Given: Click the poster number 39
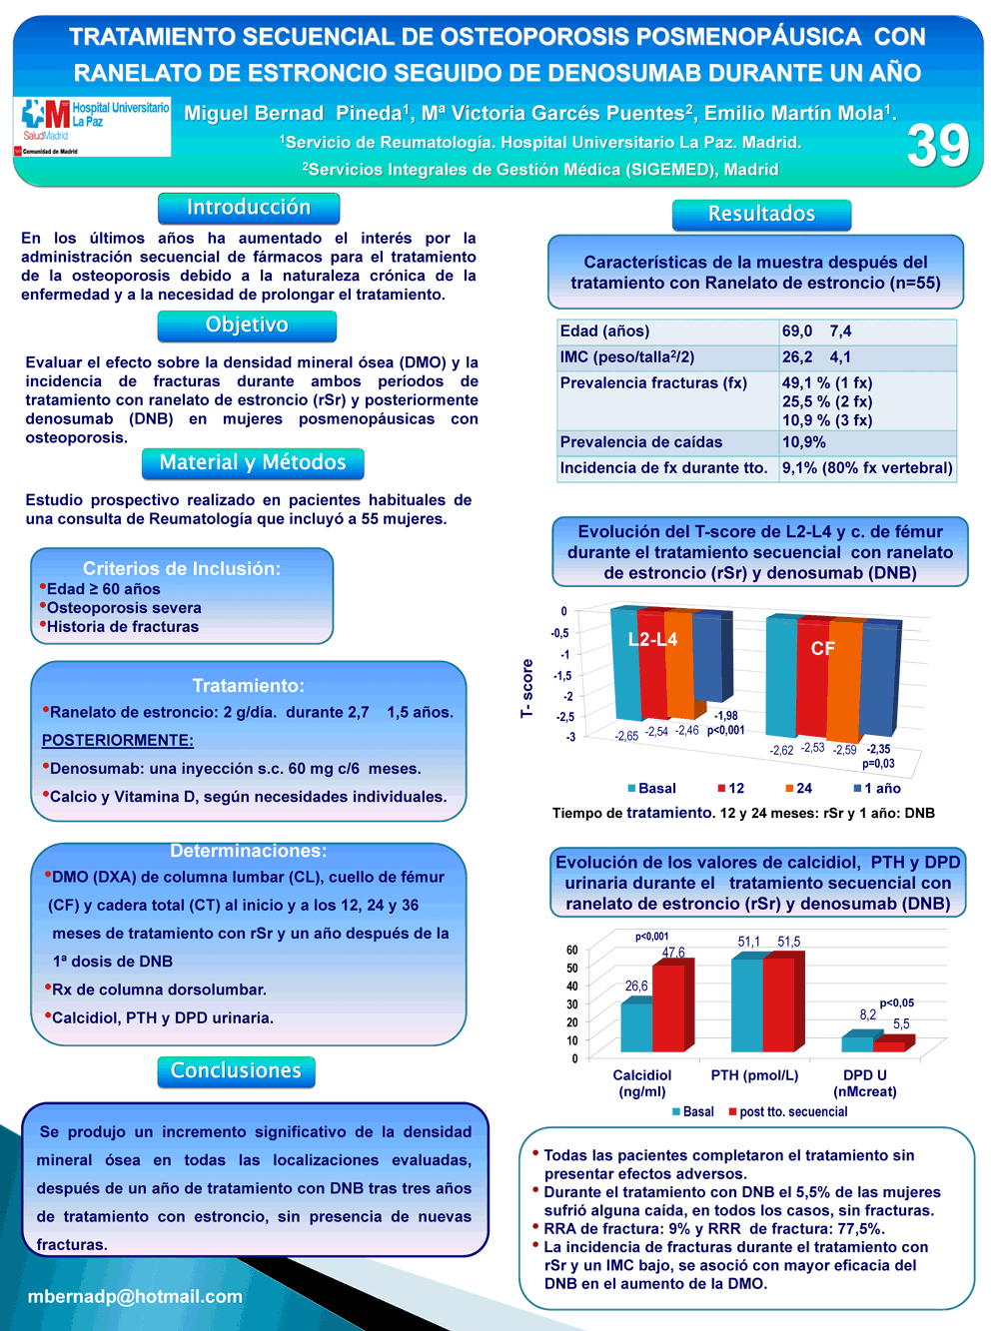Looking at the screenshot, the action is (x=938, y=145).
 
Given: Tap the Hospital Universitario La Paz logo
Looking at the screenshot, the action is (x=92, y=127).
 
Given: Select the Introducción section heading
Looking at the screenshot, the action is (x=249, y=208).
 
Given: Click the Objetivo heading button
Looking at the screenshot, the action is (x=247, y=326).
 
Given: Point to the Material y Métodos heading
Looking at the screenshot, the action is (x=253, y=463).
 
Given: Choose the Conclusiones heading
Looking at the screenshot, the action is (x=236, y=1071).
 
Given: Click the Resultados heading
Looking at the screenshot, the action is (x=761, y=215).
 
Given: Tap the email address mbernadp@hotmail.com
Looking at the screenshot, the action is (x=135, y=1296).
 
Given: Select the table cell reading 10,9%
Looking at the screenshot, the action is (x=803, y=442).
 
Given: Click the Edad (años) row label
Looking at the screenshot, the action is (x=604, y=332).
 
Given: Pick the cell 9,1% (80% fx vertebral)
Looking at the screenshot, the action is (x=867, y=468).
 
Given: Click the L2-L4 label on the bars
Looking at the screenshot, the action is (x=652, y=639).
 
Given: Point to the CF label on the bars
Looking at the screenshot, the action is (x=822, y=648).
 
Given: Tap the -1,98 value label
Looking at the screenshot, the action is (x=725, y=716).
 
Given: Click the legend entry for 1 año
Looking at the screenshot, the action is (x=877, y=788).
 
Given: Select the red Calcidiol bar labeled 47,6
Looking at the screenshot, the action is (x=669, y=1007).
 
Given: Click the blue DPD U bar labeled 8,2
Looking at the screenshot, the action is (x=857, y=1043).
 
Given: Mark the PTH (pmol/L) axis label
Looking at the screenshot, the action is (x=754, y=1075).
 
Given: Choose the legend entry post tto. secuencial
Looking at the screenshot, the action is (x=788, y=1111).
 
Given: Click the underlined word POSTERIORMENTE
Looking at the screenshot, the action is (x=118, y=741).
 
